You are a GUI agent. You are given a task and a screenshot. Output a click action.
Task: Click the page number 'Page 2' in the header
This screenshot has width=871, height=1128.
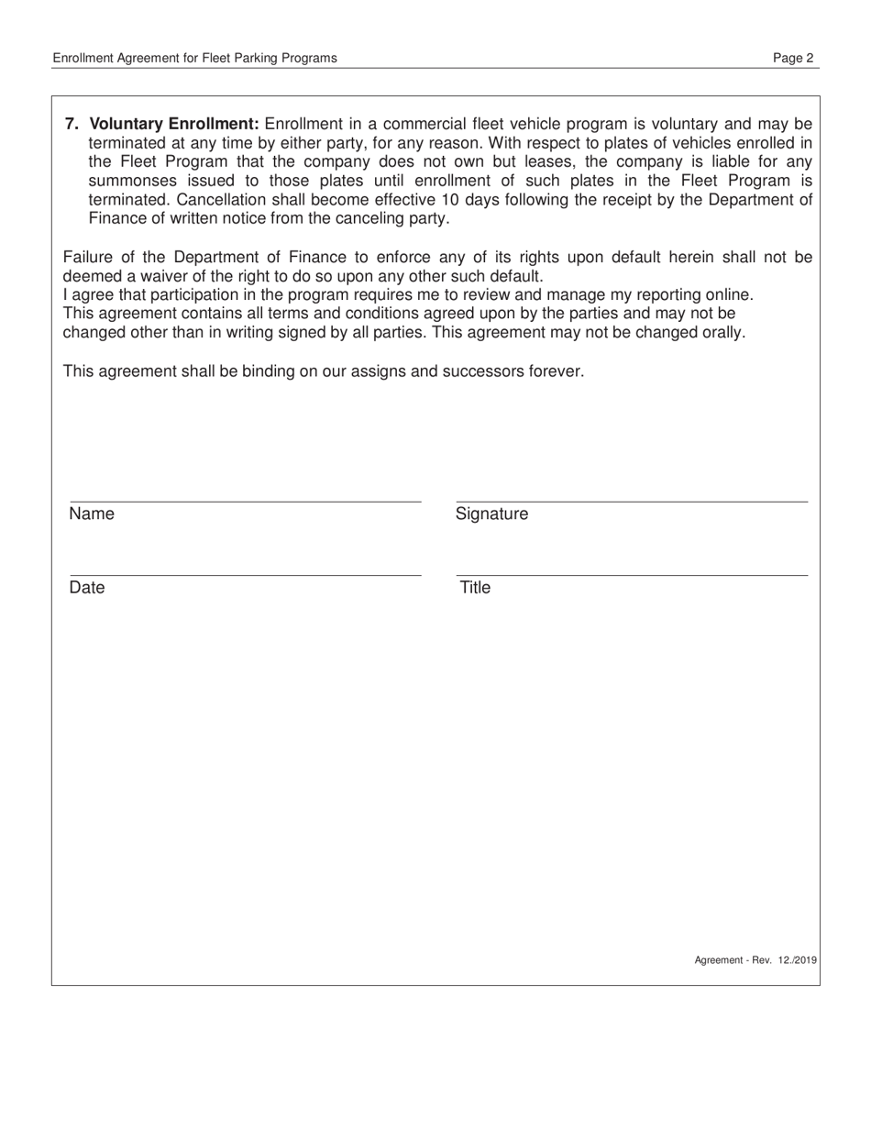(793, 58)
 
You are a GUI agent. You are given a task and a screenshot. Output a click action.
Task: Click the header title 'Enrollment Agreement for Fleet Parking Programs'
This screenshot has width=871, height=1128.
(194, 58)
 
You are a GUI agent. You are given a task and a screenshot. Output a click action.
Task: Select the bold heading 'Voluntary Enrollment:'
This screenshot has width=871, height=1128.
(174, 124)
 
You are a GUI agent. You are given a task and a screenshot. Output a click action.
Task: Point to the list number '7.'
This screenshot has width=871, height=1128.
(72, 124)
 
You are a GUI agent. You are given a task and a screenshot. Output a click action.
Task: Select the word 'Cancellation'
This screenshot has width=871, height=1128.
(134, 200)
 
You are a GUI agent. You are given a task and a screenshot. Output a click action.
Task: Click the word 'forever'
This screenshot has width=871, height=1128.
(554, 371)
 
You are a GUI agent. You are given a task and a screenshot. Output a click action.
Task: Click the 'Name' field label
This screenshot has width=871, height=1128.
(92, 514)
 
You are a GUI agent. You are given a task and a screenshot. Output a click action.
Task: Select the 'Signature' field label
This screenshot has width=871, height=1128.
(492, 514)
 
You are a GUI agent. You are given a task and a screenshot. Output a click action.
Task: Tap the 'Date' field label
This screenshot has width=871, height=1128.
(87, 588)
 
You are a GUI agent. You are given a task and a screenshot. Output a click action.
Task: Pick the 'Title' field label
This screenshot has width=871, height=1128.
(475, 588)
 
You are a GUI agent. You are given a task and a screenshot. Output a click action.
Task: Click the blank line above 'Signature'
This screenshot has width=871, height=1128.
(632, 501)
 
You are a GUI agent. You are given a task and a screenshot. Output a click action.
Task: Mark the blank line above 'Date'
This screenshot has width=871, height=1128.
(245, 575)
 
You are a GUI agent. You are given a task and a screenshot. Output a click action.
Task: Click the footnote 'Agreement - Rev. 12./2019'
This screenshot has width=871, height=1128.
(755, 960)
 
